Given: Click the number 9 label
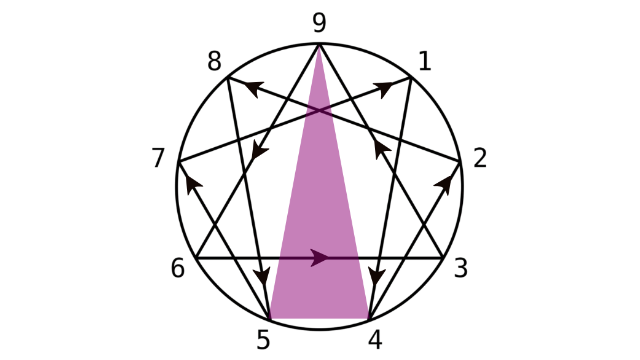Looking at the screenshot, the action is pyautogui.click(x=319, y=23).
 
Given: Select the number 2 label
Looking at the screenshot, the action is pyautogui.click(x=480, y=158).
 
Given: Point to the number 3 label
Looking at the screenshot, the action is pyautogui.click(x=460, y=268).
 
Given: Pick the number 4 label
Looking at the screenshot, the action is pyautogui.click(x=375, y=340).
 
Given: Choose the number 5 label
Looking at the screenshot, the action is pyautogui.click(x=263, y=340).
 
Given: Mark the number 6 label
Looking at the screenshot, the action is pyautogui.click(x=178, y=268).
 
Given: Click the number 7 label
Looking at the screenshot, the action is pyautogui.click(x=158, y=159).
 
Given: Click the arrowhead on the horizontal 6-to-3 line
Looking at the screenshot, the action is pyautogui.click(x=320, y=258).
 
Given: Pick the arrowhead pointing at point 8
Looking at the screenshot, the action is pyautogui.click(x=254, y=88).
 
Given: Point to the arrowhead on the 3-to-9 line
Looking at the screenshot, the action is pyautogui.click(x=381, y=149).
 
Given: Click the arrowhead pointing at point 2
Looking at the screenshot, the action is pyautogui.click(x=444, y=185).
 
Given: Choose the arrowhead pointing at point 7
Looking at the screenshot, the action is pyautogui.click(x=193, y=185).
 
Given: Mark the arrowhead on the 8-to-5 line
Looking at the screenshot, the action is pyautogui.click(x=262, y=276).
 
